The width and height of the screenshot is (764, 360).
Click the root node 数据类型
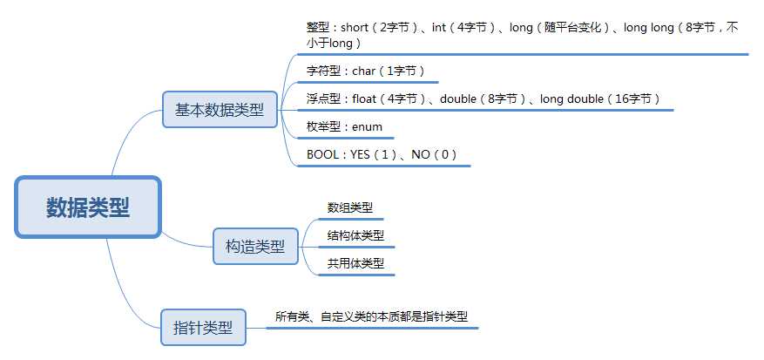tap(88, 207)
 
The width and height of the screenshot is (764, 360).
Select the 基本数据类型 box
tap(220, 110)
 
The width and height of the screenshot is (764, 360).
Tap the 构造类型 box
tap(254, 246)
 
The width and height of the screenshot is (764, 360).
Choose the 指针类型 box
tap(203, 328)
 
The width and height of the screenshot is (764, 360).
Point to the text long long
tap(648, 28)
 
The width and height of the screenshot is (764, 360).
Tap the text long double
tap(571, 98)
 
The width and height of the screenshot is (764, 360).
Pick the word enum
tap(367, 126)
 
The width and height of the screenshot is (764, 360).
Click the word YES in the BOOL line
tap(361, 154)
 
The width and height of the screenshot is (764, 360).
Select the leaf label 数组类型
tap(350, 207)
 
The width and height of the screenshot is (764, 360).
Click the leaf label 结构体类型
tap(355, 235)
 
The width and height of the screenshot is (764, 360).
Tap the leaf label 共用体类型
tap(355, 262)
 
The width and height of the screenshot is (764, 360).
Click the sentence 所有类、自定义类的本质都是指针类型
tap(377, 316)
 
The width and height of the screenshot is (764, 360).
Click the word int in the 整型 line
tap(439, 28)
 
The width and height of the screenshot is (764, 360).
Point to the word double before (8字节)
tap(458, 98)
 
